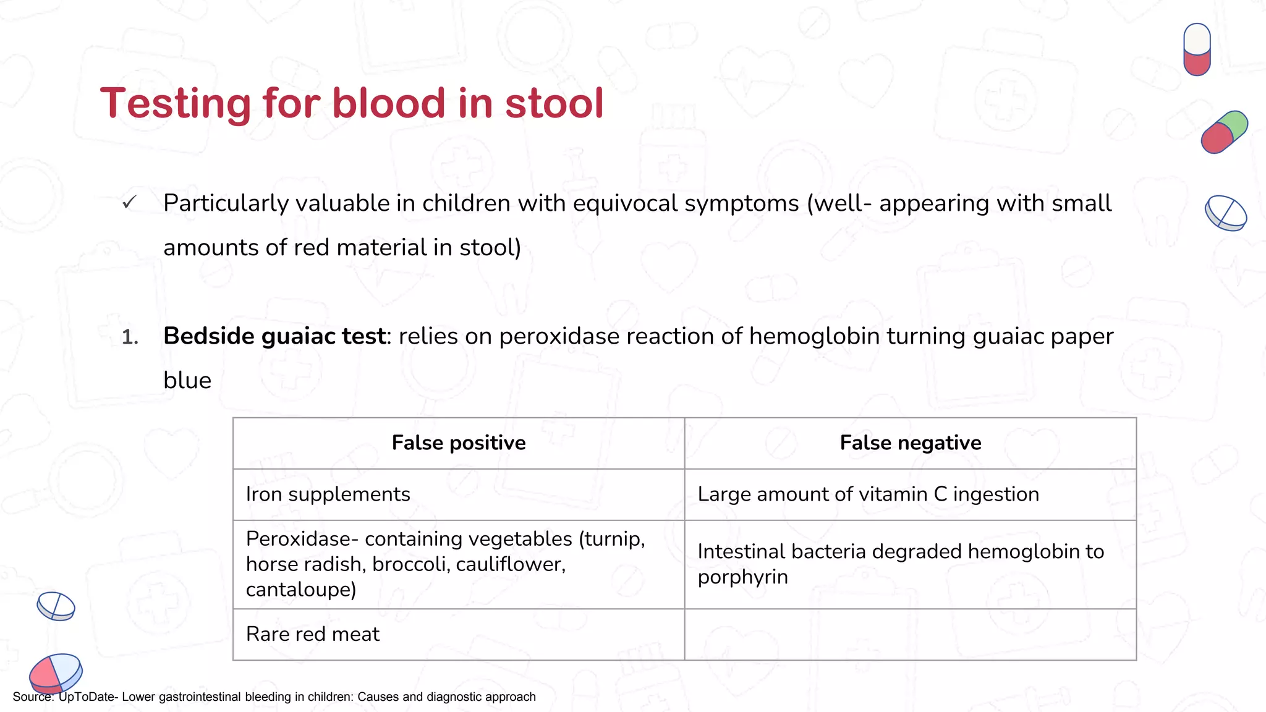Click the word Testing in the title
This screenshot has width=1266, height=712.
pos(176,103)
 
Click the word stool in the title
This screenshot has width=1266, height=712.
pos(554,103)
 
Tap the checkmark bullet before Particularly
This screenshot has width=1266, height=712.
pos(129,203)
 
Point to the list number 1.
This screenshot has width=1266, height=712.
pos(130,337)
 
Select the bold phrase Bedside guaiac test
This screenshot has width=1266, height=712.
pos(274,336)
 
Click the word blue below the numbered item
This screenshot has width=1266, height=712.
pos(187,381)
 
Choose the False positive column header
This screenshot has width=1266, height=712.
pos(459,443)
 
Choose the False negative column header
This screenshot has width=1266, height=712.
pos(910,443)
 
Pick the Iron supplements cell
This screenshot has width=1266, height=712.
pos(328,494)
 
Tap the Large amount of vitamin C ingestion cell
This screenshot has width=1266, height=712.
pos(868,494)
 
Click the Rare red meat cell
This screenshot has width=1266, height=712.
pos(313,634)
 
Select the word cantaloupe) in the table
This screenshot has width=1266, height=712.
pos(301,590)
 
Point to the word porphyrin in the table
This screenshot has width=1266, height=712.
pos(742,577)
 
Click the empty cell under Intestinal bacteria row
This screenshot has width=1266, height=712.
pos(910,635)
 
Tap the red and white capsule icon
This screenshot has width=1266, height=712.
pos(1197,49)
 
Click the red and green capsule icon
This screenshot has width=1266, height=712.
pos(1224,132)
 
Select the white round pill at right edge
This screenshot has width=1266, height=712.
pos(1226,213)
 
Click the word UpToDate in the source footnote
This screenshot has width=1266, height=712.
pos(87,697)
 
